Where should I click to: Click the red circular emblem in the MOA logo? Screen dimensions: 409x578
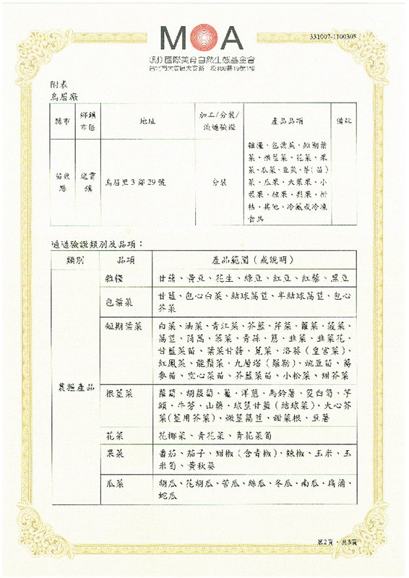click(x=204, y=35)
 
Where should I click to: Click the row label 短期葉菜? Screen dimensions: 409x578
click(x=123, y=326)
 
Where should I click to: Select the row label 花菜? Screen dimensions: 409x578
click(x=116, y=436)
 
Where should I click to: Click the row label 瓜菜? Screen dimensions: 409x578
click(x=116, y=481)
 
